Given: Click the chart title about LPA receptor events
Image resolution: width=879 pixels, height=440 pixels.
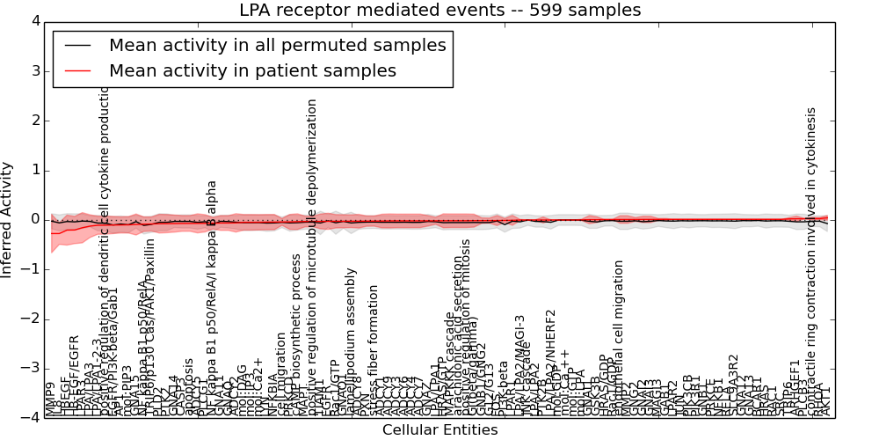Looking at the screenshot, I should pyautogui.click(x=439, y=11).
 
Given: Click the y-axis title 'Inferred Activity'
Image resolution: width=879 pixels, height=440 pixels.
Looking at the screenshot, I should pyautogui.click(x=8, y=219).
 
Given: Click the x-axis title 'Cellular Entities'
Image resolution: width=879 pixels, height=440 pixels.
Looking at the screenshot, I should pyautogui.click(x=439, y=430).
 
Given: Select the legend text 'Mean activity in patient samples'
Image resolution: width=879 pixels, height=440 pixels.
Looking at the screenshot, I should pyautogui.click(x=252, y=70).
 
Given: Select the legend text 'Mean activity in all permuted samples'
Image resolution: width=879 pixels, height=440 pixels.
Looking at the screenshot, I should pyautogui.click(x=277, y=44).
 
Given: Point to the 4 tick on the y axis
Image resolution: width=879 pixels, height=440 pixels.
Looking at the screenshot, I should pyautogui.click(x=34, y=21).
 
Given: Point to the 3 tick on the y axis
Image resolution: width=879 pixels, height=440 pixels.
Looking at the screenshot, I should pyautogui.click(x=34, y=70).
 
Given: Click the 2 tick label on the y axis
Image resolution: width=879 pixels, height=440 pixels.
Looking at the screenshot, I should pyautogui.click(x=34, y=121).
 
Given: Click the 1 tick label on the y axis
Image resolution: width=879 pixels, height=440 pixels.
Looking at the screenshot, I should pyautogui.click(x=34, y=170).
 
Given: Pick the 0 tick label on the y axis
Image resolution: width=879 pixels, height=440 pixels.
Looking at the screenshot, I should pyautogui.click(x=34, y=219).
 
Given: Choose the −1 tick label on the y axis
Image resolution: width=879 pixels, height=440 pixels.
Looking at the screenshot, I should pyautogui.click(x=31, y=269).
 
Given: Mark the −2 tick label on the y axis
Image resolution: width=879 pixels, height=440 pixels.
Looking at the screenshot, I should pyautogui.click(x=31, y=319).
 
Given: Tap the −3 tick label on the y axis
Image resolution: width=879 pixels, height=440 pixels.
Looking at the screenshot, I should pyautogui.click(x=31, y=369).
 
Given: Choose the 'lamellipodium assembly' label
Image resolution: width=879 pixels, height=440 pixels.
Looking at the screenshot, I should pyautogui.click(x=352, y=355).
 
